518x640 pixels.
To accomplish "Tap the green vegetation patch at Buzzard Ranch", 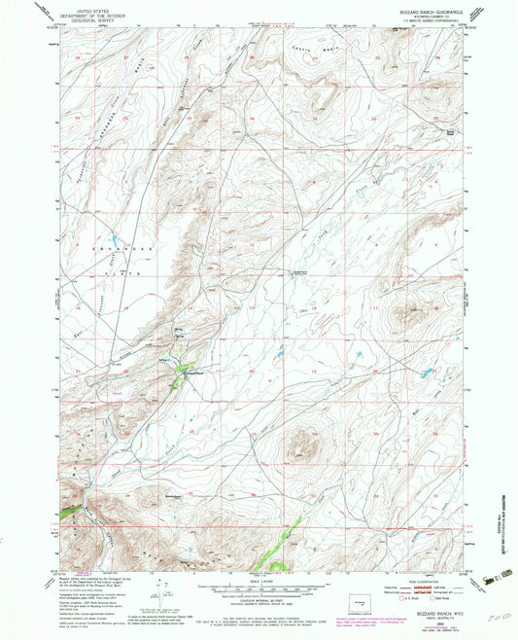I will [179, 370].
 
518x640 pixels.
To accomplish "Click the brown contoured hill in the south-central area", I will [301, 444].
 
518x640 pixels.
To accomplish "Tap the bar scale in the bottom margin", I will [259, 587].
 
